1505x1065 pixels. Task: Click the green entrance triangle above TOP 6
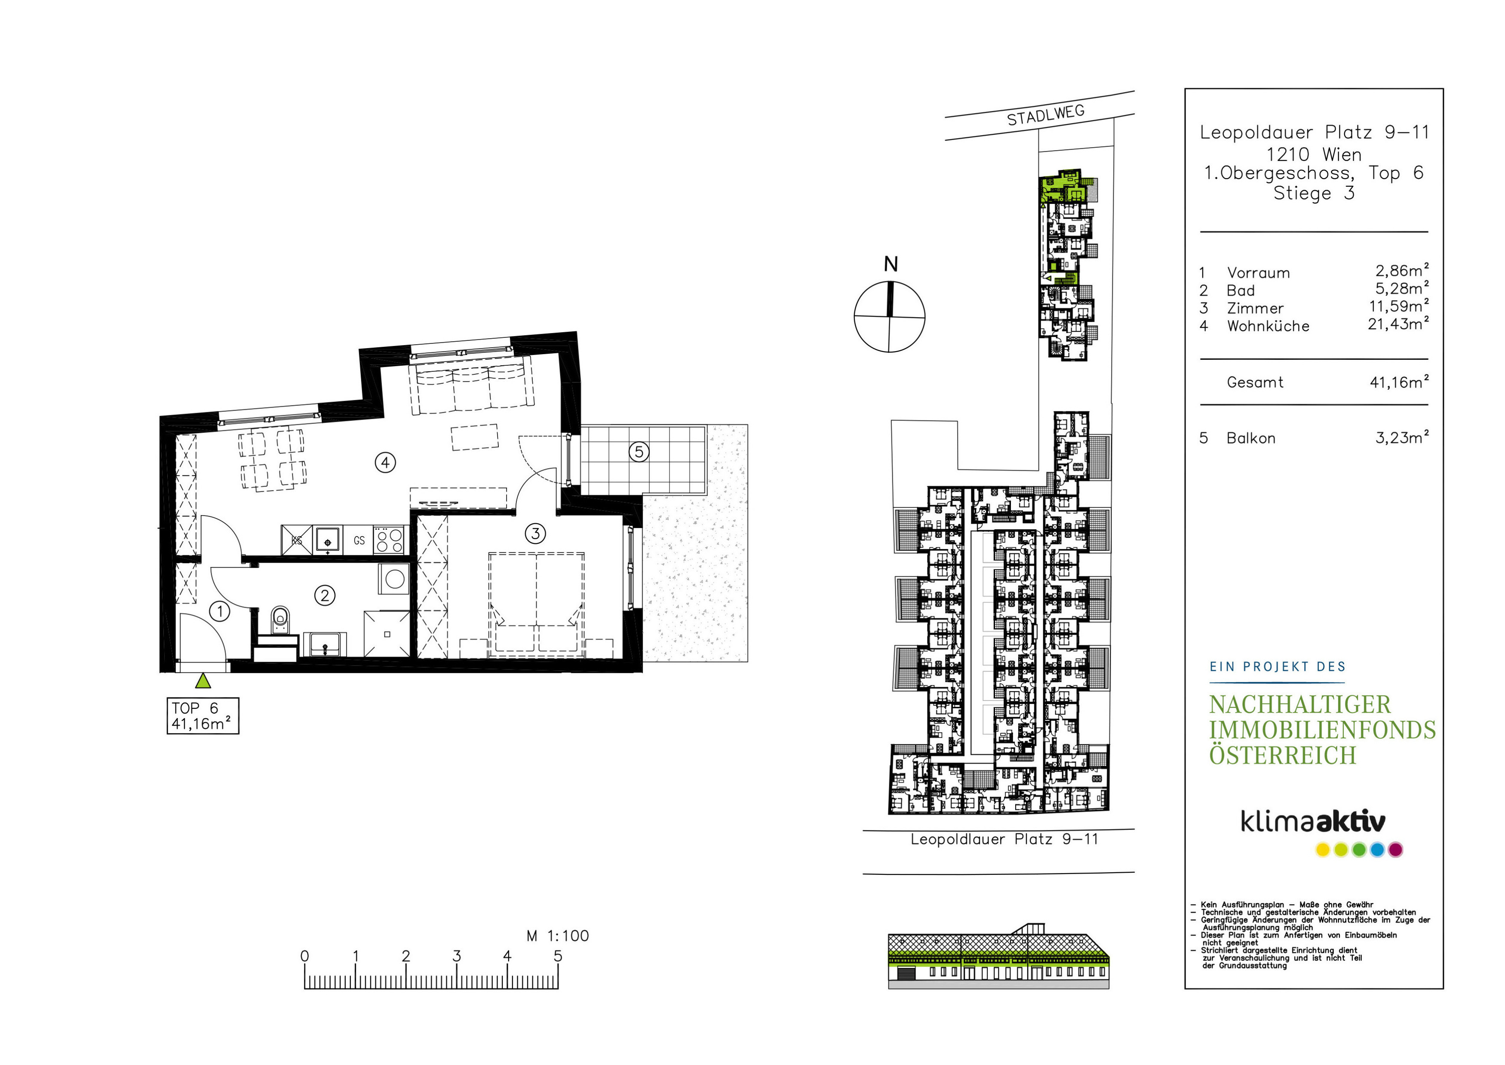[203, 681]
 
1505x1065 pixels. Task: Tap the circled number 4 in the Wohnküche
[385, 463]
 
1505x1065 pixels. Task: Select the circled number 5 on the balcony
[639, 451]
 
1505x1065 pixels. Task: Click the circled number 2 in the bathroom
[325, 596]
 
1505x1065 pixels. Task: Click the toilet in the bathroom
[280, 618]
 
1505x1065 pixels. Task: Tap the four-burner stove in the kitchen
[389, 540]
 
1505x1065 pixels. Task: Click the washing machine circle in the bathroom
[395, 579]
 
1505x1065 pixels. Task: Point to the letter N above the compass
[890, 264]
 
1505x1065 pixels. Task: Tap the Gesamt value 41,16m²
[1399, 382]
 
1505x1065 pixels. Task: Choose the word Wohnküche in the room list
[1268, 326]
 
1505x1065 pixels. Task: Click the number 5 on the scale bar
[558, 956]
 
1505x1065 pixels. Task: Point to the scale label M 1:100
[558, 936]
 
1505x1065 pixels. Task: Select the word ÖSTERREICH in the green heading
[1283, 756]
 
